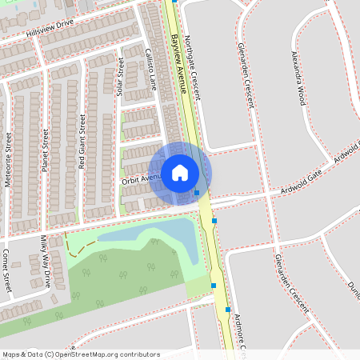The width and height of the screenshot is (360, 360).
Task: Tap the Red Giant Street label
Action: point(82,140)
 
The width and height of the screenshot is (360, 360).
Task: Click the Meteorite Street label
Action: point(8,159)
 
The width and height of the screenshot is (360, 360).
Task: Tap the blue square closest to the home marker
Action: point(197,192)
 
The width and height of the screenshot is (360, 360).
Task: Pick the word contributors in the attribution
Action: point(139,354)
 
